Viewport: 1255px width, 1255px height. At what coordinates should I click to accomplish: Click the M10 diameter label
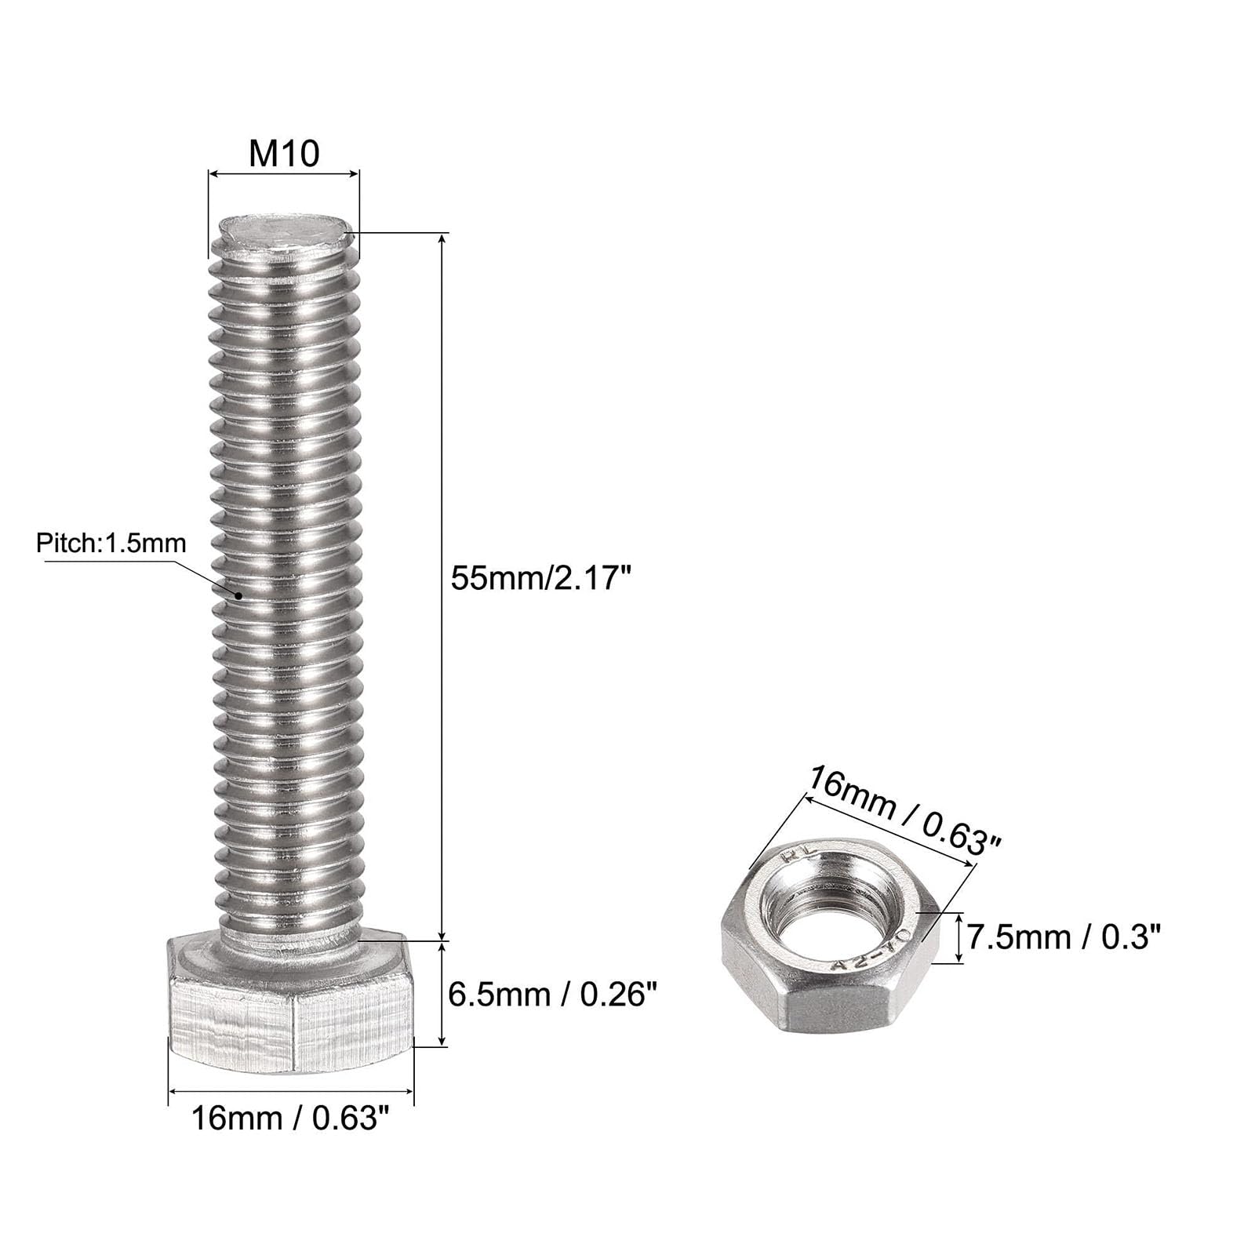click(x=284, y=153)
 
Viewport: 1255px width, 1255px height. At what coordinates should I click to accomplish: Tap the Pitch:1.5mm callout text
click(x=111, y=543)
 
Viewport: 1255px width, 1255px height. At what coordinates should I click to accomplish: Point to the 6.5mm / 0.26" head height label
click(x=551, y=995)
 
